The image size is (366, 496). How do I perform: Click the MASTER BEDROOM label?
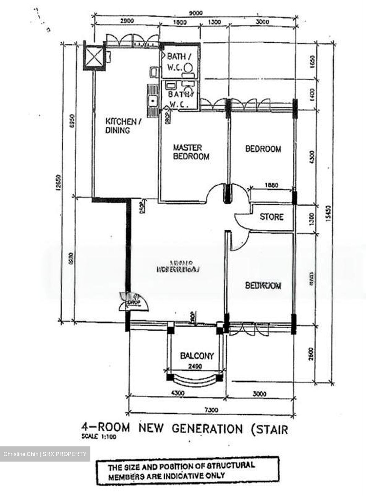point(191,152)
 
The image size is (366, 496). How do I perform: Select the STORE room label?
point(271,217)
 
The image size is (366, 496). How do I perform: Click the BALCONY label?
point(197,355)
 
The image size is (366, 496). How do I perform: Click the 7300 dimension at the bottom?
point(211,410)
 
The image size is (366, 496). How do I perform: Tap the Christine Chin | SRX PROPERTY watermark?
point(45,454)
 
